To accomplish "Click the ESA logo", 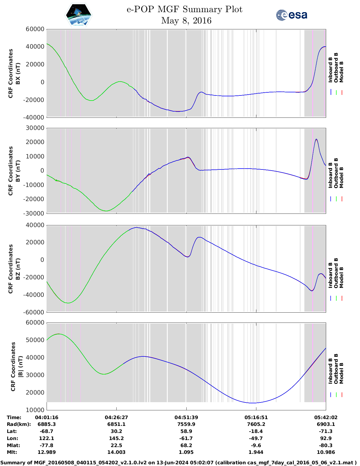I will [x=291, y=15].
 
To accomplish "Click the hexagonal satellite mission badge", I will [x=79, y=15].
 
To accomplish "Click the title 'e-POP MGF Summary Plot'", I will [x=184, y=9].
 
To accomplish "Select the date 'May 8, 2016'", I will [x=186, y=21].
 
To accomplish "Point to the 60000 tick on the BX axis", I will [x=35, y=29].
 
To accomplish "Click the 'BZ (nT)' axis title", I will [x=18, y=269].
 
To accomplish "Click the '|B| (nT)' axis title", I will [x=20, y=366].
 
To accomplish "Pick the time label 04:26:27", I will [x=116, y=417].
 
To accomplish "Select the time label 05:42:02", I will [x=326, y=417].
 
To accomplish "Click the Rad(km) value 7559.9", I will [x=186, y=424].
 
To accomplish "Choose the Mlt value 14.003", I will [x=116, y=452].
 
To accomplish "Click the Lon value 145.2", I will [x=116, y=438].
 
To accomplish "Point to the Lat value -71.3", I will [x=326, y=431].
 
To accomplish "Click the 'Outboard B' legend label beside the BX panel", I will [x=336, y=68].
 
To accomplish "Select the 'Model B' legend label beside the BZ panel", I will [x=341, y=277].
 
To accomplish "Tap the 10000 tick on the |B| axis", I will [x=35, y=410].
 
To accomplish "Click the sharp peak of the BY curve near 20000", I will [x=316, y=139].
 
